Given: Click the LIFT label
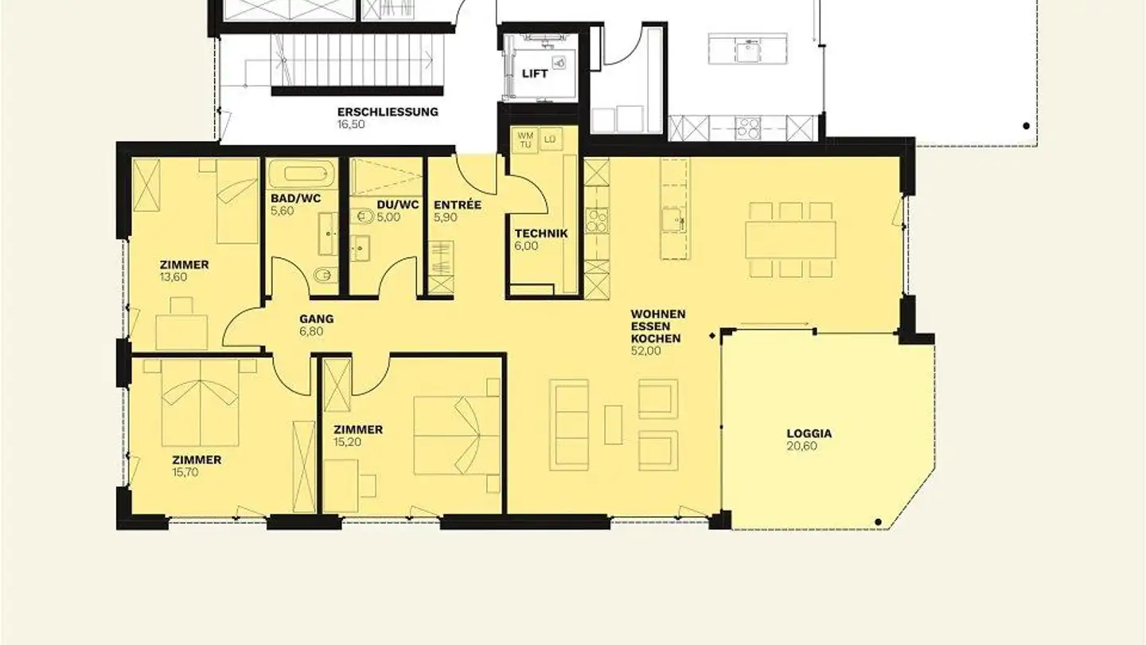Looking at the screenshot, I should pos(535,73).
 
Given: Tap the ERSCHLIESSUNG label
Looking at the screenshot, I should pos(388,111).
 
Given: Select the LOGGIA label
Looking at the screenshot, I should pos(809,433).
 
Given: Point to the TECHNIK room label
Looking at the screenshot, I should pos(541,233).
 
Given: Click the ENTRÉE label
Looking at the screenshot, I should pos(457,205).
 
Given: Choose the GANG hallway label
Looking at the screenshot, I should pos(316,319).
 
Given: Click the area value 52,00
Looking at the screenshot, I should pos(646,350).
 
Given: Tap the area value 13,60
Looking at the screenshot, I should pos(173,277).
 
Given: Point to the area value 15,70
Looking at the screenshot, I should pos(185,472).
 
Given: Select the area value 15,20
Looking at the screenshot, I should pos(348,442).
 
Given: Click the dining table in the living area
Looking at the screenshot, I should pos(790,239).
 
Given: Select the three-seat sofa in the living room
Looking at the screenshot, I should pos(569,424).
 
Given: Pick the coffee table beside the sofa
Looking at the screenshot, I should pos(613,424).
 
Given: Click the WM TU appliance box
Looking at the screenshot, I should pos(525,140).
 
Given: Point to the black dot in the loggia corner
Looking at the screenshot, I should pos(878,522).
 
